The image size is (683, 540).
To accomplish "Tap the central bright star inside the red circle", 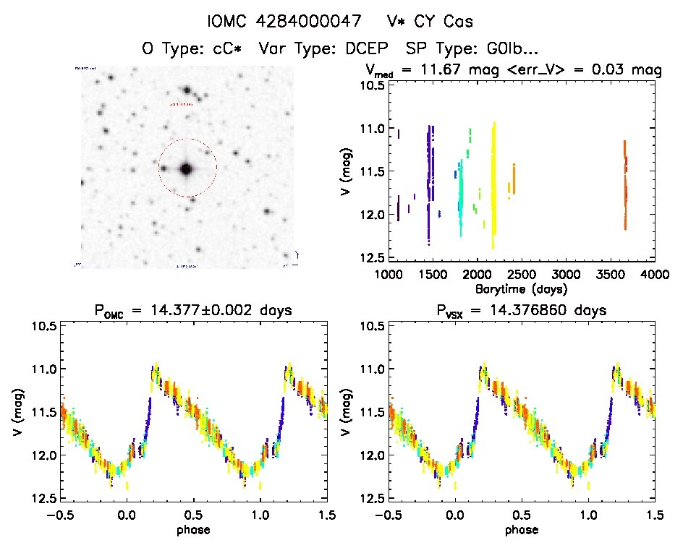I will click(x=187, y=169).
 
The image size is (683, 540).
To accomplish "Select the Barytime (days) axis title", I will click(x=521, y=288).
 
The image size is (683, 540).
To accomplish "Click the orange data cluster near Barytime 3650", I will click(x=625, y=184).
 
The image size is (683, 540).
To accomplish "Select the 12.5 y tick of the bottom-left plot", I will click(x=42, y=498).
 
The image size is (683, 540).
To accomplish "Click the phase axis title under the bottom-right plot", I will click(x=521, y=529).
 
